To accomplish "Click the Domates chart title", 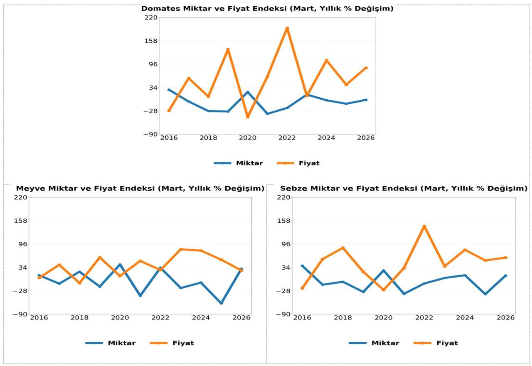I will coord(267,8).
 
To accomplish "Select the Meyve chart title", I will coord(140,188).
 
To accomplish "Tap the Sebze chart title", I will coord(404,188).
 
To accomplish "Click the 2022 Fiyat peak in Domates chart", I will coord(287,29).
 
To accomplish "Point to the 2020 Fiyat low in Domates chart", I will coord(248,117).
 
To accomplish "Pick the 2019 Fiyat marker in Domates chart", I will coord(228,50).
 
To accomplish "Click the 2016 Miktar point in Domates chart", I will coord(169,90).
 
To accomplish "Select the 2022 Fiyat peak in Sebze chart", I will coord(424,226).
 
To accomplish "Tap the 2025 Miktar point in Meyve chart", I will coord(221,303).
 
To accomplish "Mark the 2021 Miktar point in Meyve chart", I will coord(140,295).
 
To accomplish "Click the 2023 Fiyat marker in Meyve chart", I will coord(181,249).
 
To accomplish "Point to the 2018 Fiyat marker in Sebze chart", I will coord(343,248).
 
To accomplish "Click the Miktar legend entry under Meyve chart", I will coord(121,343).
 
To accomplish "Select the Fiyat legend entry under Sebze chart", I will coord(447,343).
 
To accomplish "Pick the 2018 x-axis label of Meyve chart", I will coord(79,317).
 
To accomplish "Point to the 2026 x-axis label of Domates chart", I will coord(366,138).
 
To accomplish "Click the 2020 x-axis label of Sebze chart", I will coord(384,317).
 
